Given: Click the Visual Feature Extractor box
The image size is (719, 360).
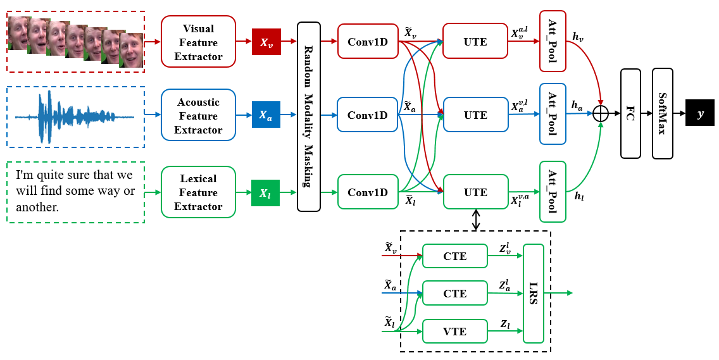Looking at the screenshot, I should coord(198,42).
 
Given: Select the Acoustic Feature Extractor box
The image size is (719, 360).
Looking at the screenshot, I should coord(198,116).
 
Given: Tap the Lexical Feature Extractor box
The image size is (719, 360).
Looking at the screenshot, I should coord(198,192).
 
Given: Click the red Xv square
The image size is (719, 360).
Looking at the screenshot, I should coord(266,42).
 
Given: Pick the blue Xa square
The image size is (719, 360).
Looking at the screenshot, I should coord(266,116).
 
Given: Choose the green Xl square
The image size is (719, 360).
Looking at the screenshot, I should coord(266,192).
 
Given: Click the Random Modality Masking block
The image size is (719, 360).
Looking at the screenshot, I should coord(309,116).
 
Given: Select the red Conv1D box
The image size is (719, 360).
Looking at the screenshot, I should coord(368,42).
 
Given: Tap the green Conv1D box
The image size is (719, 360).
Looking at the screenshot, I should coord(368,192).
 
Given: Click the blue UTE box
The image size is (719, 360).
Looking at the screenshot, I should coord(475,115).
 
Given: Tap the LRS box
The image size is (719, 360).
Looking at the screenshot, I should coord(534,293).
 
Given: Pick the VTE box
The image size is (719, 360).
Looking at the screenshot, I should coord(455,331).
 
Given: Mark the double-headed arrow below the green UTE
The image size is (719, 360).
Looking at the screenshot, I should coord(475,220).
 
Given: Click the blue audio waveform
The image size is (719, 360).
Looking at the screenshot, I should coord(75,116).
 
